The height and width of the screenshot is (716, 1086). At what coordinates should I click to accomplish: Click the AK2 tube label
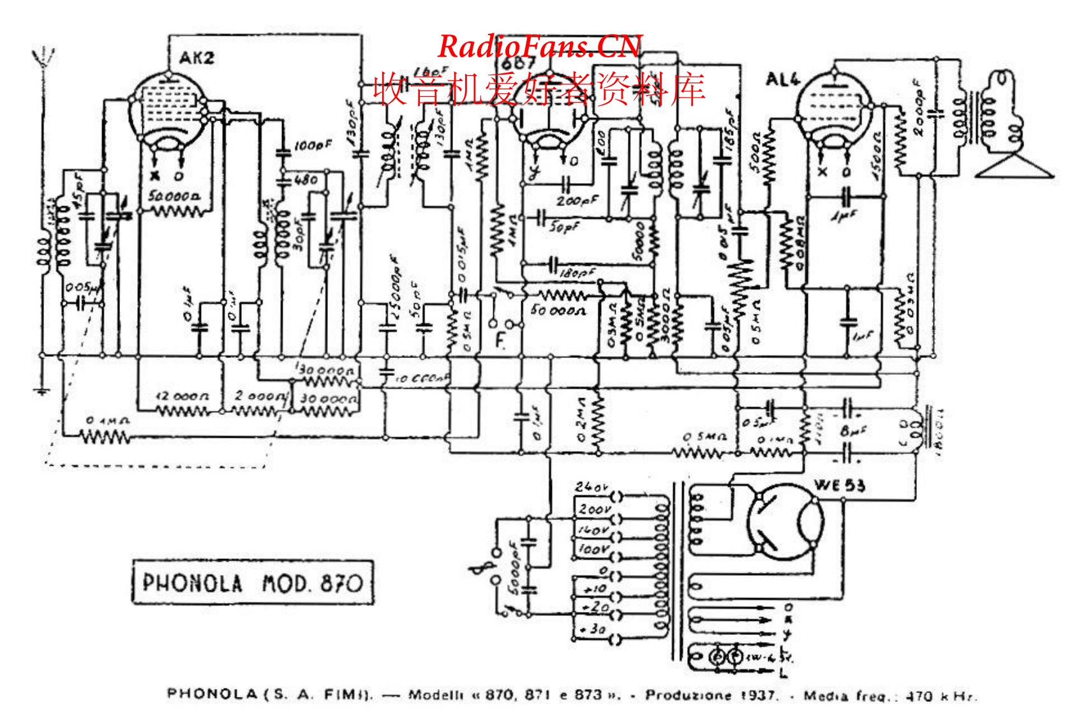[x=197, y=59]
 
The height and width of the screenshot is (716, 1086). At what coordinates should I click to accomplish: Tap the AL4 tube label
[x=782, y=80]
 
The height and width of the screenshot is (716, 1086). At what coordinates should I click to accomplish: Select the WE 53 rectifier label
[x=840, y=486]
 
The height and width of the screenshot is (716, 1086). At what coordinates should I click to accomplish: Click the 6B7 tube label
[x=517, y=64]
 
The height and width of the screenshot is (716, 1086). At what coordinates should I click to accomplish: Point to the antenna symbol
[x=44, y=57]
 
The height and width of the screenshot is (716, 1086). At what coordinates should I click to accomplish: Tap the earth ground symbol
[x=42, y=391]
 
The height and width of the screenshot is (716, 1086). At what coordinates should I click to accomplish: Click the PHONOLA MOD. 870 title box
[x=253, y=582]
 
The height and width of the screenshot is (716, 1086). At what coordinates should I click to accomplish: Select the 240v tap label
[x=590, y=487]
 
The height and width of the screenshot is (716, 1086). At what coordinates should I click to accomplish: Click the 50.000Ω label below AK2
[x=174, y=195]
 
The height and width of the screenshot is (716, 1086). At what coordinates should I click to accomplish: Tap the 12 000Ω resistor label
[x=182, y=396]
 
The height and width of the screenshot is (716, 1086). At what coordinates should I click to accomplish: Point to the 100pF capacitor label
[x=313, y=145]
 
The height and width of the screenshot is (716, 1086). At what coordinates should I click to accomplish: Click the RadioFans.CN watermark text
[x=539, y=46]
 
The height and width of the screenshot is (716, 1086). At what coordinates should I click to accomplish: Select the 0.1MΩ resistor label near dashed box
[x=108, y=421]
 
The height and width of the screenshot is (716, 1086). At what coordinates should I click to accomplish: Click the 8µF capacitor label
[x=854, y=431]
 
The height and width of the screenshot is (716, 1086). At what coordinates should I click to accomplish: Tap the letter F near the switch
[x=501, y=341]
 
